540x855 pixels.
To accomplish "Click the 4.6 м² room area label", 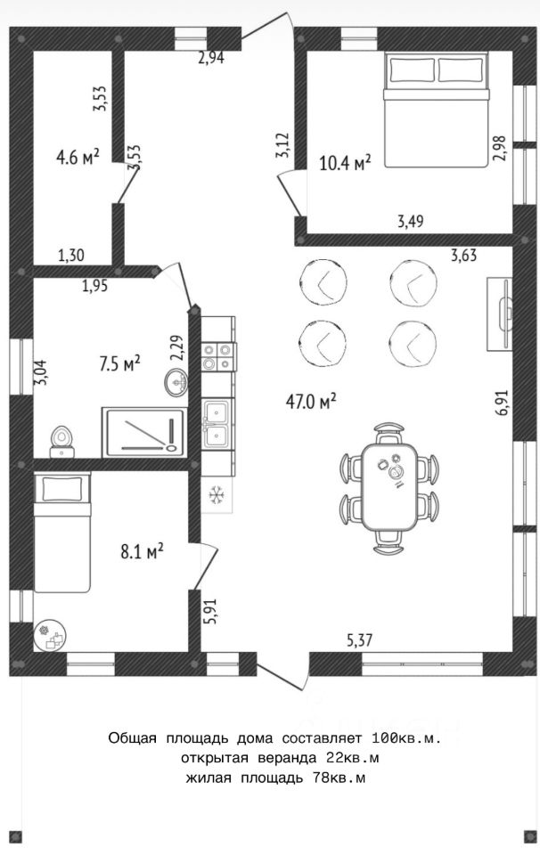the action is click(x=78, y=158).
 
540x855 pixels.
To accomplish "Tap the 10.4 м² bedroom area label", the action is click(x=345, y=162).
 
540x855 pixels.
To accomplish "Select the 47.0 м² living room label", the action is click(x=311, y=402).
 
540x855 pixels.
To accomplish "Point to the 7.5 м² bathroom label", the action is click(x=120, y=363).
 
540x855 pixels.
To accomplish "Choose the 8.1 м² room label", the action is click(x=142, y=552).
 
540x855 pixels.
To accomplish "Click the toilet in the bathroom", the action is click(x=61, y=443).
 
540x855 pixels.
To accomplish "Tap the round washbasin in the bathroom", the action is click(x=175, y=381).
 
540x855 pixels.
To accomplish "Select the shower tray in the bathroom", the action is click(x=144, y=432).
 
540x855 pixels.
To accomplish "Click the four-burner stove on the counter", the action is click(x=218, y=356).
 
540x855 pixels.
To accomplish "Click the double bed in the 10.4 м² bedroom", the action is click(x=435, y=110).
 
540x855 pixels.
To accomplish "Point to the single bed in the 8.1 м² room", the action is click(x=62, y=533).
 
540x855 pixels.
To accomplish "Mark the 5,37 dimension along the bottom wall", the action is click(x=359, y=639).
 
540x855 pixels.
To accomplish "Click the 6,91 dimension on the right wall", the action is click(x=502, y=403).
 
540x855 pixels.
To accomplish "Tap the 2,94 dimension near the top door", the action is click(x=211, y=58).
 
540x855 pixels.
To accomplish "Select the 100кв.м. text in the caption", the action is click(x=405, y=738).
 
